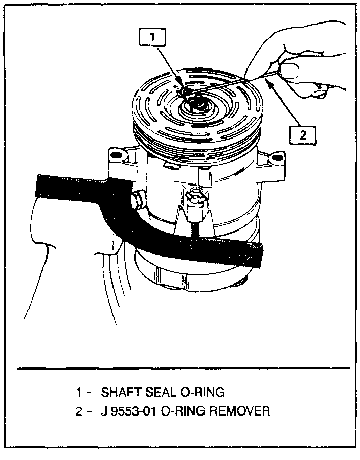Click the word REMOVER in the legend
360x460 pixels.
coord(240,410)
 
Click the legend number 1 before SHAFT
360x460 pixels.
coord(79,393)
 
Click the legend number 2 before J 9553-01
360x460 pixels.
coord(79,410)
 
